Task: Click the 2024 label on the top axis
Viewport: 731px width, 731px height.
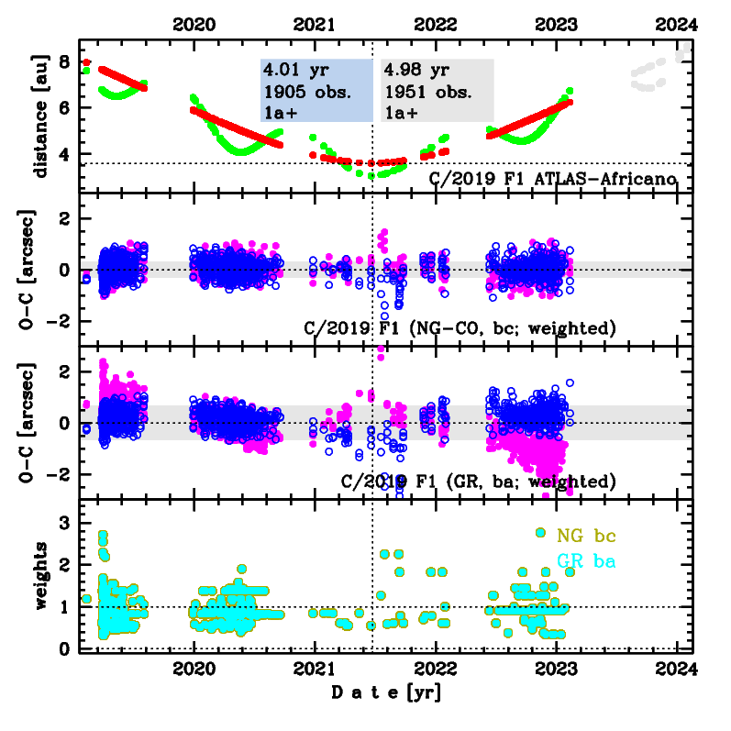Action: [678, 24]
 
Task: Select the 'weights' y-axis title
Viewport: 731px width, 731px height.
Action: [41, 574]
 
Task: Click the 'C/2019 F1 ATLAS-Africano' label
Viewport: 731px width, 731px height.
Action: [553, 178]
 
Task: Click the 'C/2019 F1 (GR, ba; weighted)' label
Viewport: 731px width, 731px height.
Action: [478, 481]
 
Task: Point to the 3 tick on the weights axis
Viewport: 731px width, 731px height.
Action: [65, 523]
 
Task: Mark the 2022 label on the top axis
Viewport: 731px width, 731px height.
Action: [436, 24]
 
